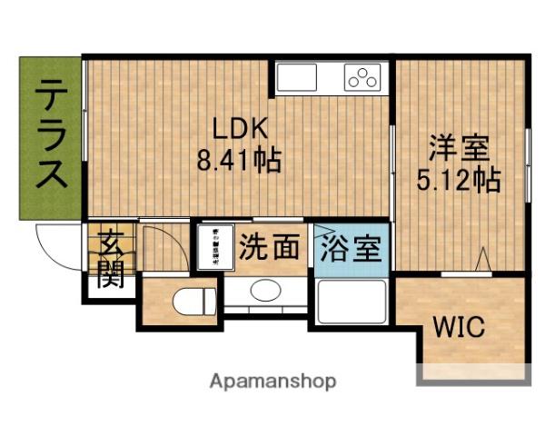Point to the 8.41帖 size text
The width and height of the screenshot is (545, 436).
[239, 161]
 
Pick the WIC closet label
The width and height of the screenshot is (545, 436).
[458, 325]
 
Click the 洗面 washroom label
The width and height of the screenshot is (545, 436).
[270, 247]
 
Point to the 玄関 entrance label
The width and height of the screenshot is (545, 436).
[112, 259]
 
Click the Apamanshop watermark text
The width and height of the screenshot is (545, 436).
[272, 381]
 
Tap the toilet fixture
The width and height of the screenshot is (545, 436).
[194, 299]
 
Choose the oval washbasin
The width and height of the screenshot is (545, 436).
[265, 292]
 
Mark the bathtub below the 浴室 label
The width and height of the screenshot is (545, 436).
[352, 301]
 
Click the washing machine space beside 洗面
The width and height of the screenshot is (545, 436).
[216, 247]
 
